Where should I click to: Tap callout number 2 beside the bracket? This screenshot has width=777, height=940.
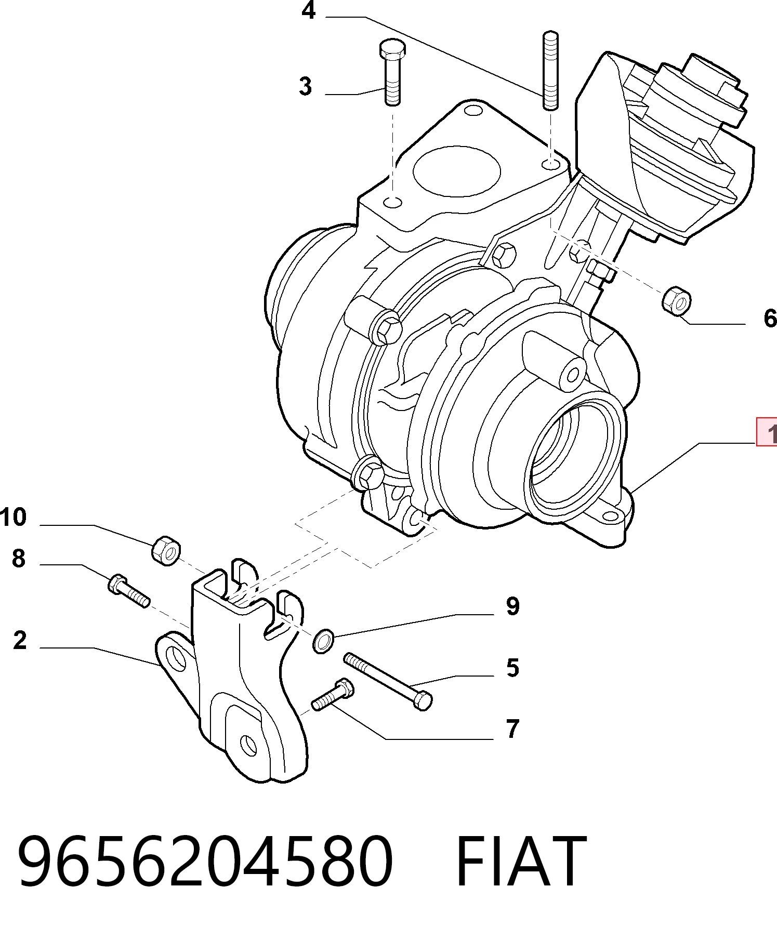pyautogui.click(x=20, y=640)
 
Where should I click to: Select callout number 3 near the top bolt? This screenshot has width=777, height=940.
pyautogui.click(x=306, y=86)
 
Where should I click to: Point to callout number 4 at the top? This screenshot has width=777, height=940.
pyautogui.click(x=309, y=10)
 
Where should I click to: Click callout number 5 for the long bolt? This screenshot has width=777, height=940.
pyautogui.click(x=512, y=668)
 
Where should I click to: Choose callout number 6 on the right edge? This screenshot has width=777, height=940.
pyautogui.click(x=770, y=318)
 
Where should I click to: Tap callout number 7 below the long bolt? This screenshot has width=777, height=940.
pyautogui.click(x=512, y=729)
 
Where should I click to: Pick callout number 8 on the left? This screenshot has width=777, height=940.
pyautogui.click(x=19, y=559)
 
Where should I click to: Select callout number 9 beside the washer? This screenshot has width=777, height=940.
pyautogui.click(x=512, y=606)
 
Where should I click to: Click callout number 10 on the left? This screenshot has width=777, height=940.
pyautogui.click(x=14, y=518)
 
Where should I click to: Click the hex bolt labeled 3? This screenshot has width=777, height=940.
pyautogui.click(x=392, y=72)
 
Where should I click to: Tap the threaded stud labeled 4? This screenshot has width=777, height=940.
pyautogui.click(x=550, y=71)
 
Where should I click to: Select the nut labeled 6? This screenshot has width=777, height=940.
pyautogui.click(x=677, y=300)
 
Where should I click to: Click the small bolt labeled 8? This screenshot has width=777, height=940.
pyautogui.click(x=129, y=591)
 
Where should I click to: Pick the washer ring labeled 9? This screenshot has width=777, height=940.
pyautogui.click(x=323, y=641)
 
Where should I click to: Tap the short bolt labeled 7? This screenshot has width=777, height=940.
pyautogui.click(x=333, y=695)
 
